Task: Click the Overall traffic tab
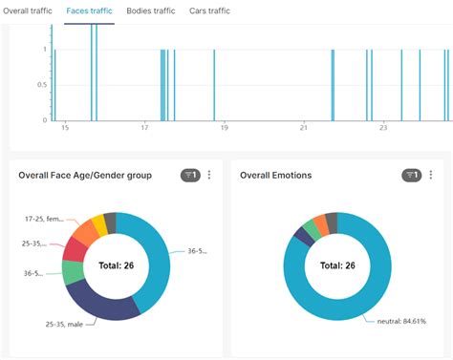pyautogui.click(x=27, y=11)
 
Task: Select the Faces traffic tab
pyautogui.click(x=89, y=11)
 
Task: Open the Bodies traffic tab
pyautogui.click(x=151, y=11)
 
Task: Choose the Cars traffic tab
pyautogui.click(x=209, y=11)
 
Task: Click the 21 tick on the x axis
pyautogui.click(x=303, y=128)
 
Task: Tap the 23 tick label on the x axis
pyautogui.click(x=382, y=128)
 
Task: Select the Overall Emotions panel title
pyautogui.click(x=275, y=176)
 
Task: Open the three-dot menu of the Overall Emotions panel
pyautogui.click(x=431, y=175)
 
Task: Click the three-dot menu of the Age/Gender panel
pyautogui.click(x=209, y=175)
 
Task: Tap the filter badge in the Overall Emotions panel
pyautogui.click(x=411, y=175)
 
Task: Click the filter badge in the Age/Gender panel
pyautogui.click(x=189, y=175)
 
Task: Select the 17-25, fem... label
pyautogui.click(x=44, y=219)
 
